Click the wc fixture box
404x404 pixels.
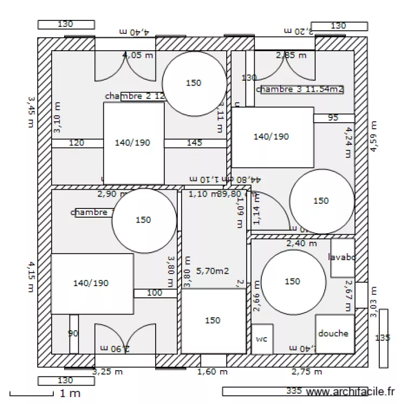click(262, 339)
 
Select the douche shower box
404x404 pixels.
click(335, 334)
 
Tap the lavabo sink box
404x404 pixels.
click(342, 258)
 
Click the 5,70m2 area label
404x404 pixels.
click(213, 271)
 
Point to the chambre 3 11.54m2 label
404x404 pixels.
click(301, 89)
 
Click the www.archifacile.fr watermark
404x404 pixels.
click(350, 393)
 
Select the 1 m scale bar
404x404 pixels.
click(45, 394)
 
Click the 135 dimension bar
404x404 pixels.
click(383, 338)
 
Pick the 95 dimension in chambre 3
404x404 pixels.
click(333, 118)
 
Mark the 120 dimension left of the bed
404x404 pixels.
click(77, 143)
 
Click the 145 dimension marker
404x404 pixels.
click(194, 143)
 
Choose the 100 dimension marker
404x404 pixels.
click(155, 293)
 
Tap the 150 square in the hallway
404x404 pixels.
click(213, 321)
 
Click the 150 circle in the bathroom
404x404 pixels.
click(292, 282)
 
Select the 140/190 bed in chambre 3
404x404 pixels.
click(273, 137)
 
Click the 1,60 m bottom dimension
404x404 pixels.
click(213, 372)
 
